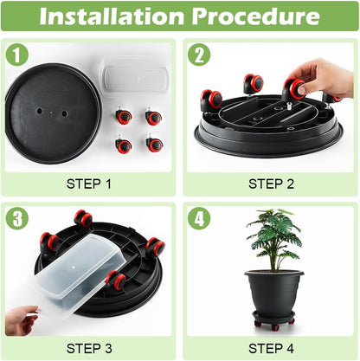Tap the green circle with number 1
tap(17, 55)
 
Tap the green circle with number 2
tap(199, 55)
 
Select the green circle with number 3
tap(17, 218)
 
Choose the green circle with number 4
tap(199, 218)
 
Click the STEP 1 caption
tap(89, 183)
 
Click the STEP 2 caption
tap(271, 183)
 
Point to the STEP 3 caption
tap(89, 347)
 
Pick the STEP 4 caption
tap(271, 347)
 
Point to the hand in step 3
tap(21, 319)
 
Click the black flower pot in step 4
tap(274, 294)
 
